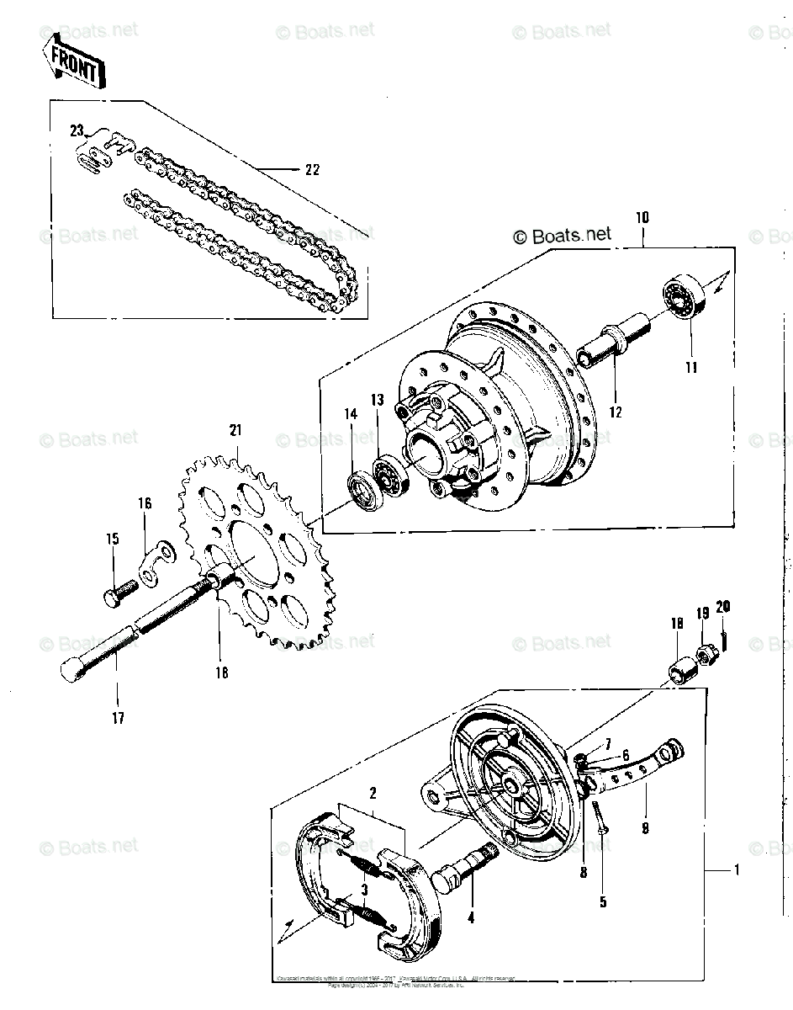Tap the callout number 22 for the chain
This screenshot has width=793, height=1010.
tap(312, 169)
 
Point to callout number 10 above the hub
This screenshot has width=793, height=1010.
tap(642, 218)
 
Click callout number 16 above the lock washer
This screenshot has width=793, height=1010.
tap(145, 503)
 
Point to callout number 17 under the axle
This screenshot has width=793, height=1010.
tap(118, 718)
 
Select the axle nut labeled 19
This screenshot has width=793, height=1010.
tap(705, 652)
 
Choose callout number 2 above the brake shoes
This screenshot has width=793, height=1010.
tap(373, 792)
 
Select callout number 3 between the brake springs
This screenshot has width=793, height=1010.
tap(363, 889)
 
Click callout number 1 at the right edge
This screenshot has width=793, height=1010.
tap(736, 870)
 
